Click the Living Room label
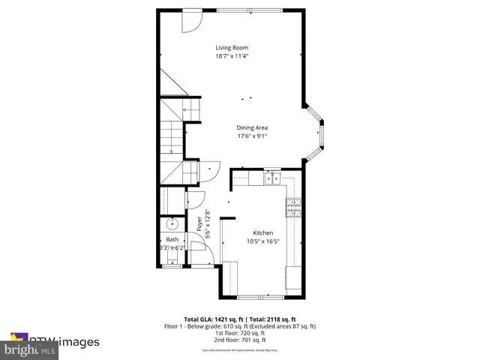231,48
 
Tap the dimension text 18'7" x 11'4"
231,56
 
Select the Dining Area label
252,127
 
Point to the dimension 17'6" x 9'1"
252,136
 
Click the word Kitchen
262,233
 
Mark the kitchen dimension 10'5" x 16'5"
262,241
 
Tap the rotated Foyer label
199,223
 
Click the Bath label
172,239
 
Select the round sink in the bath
172,223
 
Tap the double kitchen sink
271,178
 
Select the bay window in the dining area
319,133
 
